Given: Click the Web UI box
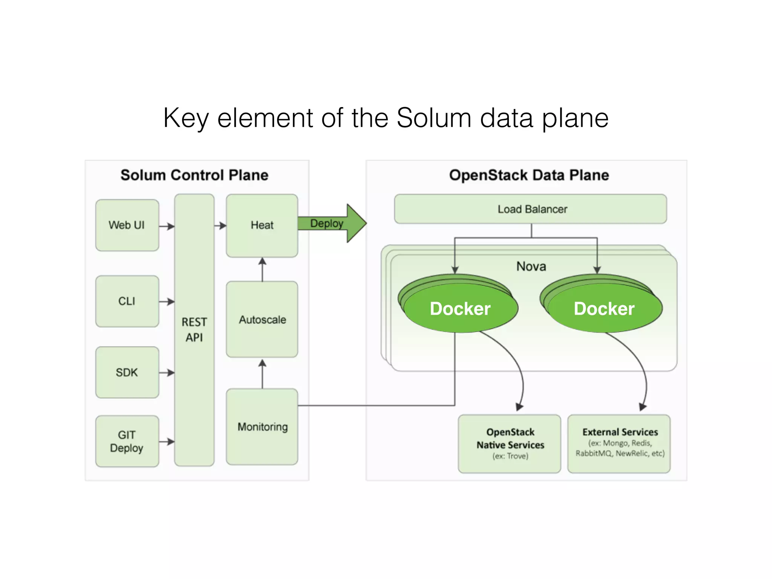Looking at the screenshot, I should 127,225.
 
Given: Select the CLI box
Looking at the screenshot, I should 127,301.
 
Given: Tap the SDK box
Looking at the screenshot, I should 127,372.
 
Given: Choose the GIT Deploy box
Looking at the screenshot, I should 127,441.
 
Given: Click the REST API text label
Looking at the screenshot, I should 194,329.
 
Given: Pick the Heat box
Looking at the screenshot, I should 262,225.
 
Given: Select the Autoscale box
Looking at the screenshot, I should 262,319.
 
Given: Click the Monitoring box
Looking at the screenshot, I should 262,427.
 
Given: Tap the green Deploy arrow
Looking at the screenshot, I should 332,223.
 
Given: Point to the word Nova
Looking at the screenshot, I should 531,267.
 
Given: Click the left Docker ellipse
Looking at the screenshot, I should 460,309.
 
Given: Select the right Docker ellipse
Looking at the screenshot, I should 604,309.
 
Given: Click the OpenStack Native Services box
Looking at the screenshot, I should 510,444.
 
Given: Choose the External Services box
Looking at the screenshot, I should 619,444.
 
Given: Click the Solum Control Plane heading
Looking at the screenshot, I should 194,175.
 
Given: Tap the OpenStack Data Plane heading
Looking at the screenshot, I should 529,175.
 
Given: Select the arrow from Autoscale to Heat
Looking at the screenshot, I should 262,269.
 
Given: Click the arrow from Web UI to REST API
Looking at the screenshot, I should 167,226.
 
